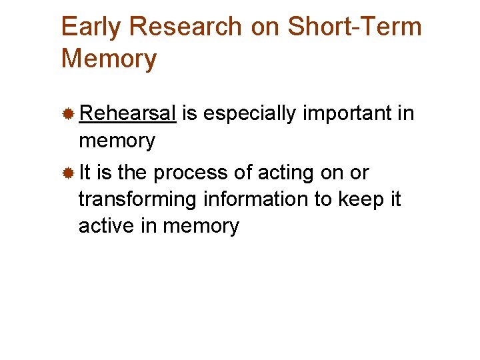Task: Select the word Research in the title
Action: (186, 27)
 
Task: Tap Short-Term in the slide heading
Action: (355, 27)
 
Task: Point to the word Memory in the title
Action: (109, 59)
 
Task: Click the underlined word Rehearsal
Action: (127, 114)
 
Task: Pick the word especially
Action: (250, 114)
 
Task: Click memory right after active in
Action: (201, 226)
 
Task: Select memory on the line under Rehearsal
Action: (117, 141)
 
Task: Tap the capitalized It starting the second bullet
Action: (85, 173)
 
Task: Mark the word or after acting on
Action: (358, 173)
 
